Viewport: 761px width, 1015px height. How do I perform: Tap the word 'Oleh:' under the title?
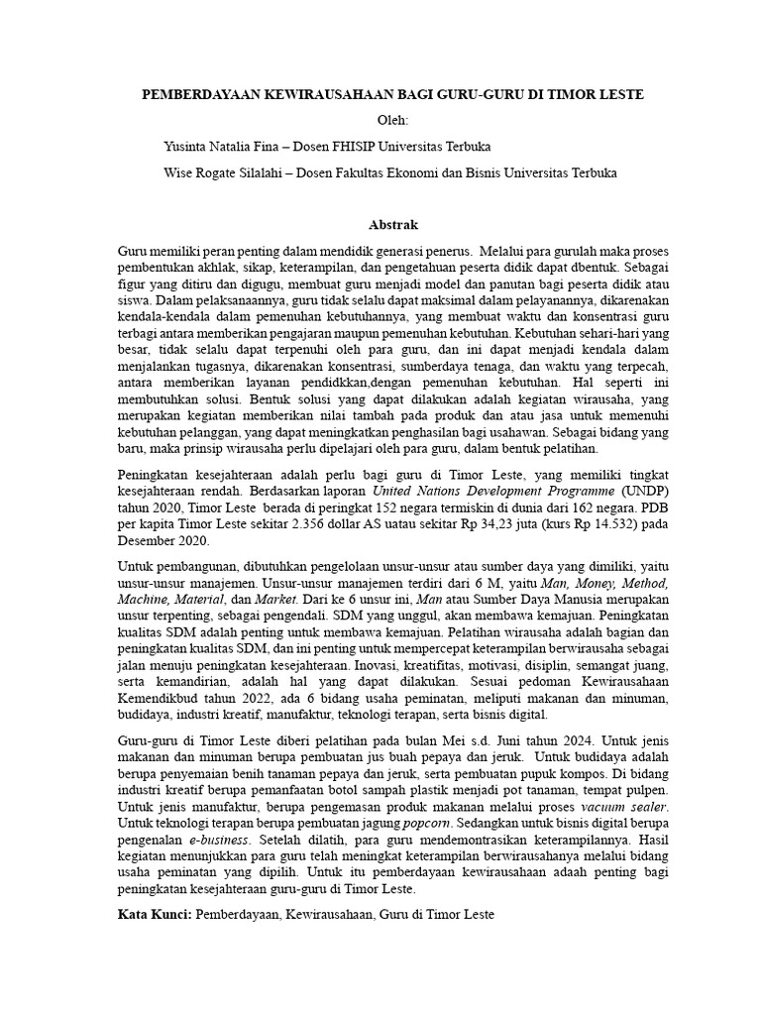[380, 120]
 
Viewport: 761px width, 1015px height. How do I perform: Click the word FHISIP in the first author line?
[389, 147]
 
